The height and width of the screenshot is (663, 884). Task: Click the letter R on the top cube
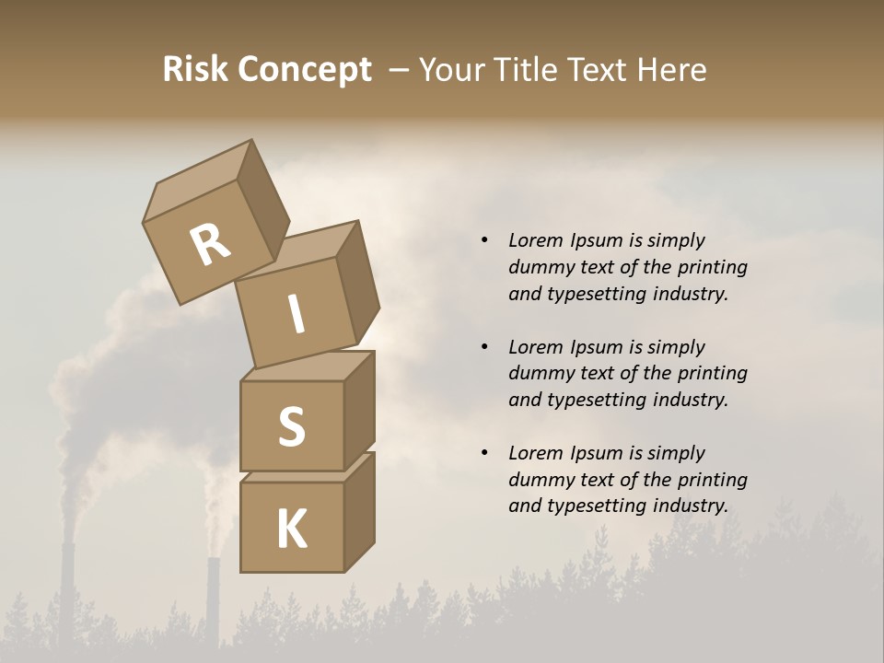[210, 246]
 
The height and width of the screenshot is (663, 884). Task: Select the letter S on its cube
[291, 426]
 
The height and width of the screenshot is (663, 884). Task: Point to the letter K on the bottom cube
[291, 529]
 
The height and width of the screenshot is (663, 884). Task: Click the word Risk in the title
[197, 70]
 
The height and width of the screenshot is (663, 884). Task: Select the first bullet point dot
[484, 240]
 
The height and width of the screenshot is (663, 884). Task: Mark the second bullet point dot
[484, 347]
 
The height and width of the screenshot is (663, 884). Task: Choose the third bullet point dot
[484, 453]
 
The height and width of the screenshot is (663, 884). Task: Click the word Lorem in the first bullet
[534, 241]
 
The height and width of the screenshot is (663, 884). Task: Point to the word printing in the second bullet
[712, 374]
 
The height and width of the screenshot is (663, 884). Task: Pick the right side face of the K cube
[359, 511]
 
